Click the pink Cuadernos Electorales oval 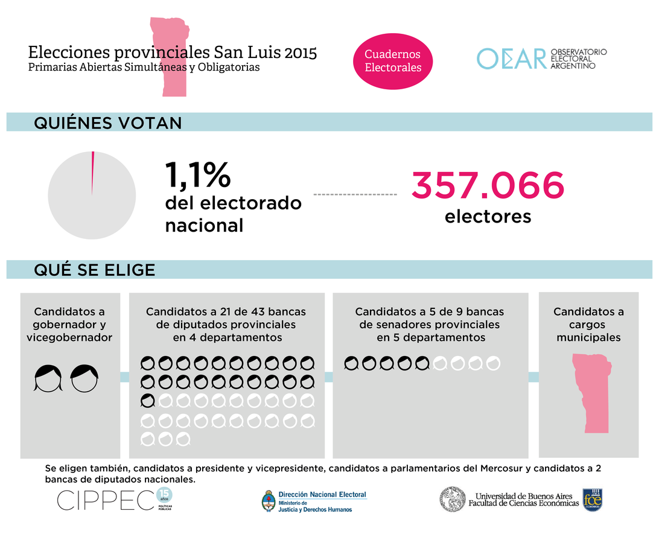click(x=393, y=61)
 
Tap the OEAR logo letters click(x=511, y=59)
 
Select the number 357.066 click(x=488, y=186)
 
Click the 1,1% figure click(x=197, y=175)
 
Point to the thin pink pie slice click(x=92, y=172)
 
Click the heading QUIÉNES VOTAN click(x=107, y=122)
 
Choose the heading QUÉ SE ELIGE click(x=94, y=270)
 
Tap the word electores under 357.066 click(x=488, y=216)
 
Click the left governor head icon click(x=48, y=378)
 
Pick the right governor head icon click(x=84, y=378)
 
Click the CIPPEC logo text click(x=106, y=500)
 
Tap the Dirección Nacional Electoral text click(x=322, y=495)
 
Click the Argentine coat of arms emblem click(x=269, y=501)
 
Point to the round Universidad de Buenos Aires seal click(x=453, y=500)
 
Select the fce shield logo click(x=592, y=500)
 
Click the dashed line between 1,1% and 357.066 click(x=355, y=194)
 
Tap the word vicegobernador click(x=69, y=338)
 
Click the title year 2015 click(x=301, y=52)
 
